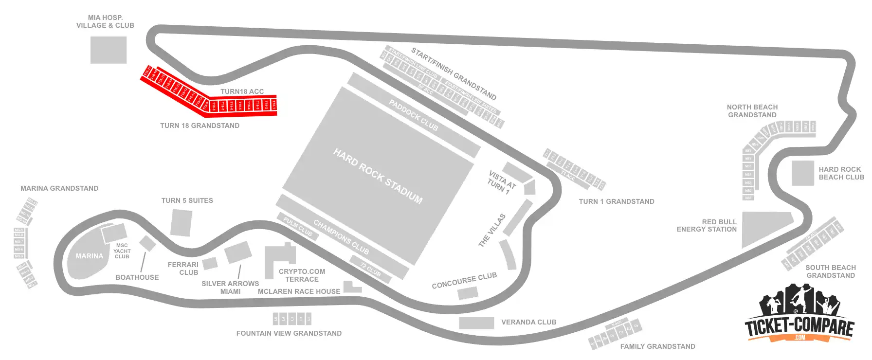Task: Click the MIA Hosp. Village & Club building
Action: tap(108, 50)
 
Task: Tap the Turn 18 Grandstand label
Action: tap(200, 126)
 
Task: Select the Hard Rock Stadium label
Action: tap(378, 176)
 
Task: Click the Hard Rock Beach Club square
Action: tap(802, 173)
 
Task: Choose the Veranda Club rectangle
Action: tap(476, 323)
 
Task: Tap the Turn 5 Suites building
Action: tap(181, 223)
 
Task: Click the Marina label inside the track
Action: tap(89, 256)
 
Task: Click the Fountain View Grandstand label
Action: tap(289, 333)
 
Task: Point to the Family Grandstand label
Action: tap(657, 346)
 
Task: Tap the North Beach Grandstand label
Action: tap(752, 111)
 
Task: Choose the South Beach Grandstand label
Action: tap(830, 271)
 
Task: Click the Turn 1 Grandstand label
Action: tap(616, 201)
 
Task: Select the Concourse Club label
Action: tap(464, 280)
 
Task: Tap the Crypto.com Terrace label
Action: tap(302, 275)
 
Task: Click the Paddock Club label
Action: tap(413, 115)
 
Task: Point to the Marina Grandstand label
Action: tap(59, 188)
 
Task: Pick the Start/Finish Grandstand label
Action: tap(454, 73)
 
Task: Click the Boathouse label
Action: tap(137, 277)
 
